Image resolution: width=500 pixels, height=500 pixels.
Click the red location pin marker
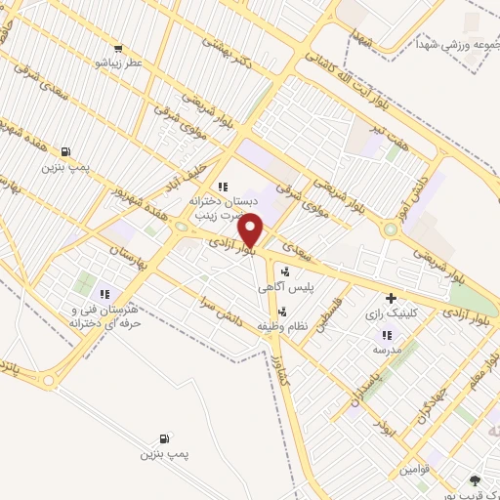point(251,230)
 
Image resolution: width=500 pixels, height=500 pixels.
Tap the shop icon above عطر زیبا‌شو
point(119,48)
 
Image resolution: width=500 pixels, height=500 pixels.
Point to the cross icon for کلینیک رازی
point(391,297)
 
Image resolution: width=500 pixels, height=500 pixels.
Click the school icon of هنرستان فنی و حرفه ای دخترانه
point(105,293)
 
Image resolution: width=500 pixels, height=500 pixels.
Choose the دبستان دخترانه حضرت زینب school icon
point(223,186)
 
